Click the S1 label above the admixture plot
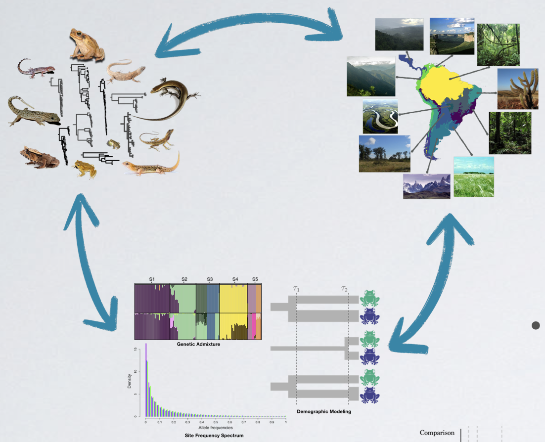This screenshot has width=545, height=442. point(152,279)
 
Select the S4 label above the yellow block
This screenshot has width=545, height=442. point(235,279)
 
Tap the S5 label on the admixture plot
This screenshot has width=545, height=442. point(255,279)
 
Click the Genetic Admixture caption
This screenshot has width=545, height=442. point(198,344)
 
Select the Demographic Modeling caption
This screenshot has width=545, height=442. point(324,411)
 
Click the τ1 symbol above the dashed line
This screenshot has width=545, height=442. point(296,289)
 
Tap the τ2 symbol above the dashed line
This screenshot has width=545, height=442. point(344,289)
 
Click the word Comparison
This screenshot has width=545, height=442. point(437,433)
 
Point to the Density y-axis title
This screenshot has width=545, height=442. point(130,380)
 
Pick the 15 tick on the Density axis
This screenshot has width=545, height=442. point(136,350)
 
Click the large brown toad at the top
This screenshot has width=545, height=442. point(86,44)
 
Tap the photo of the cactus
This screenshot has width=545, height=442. point(517,88)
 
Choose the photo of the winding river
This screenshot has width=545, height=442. point(380,117)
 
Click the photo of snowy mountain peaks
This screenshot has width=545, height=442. point(426,186)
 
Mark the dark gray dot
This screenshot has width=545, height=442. point(536,325)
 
